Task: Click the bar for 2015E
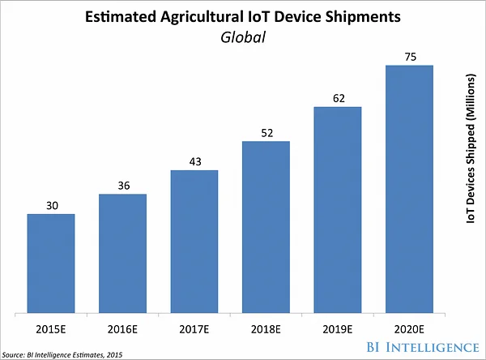coord(50,263)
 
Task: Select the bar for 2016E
coord(122,253)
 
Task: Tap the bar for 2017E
coord(194,241)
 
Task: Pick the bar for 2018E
coord(266,226)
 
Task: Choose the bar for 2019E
coord(337,209)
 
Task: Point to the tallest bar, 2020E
coord(409,188)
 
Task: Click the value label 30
coord(50,206)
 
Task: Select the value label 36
coord(122,186)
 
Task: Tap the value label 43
coord(194,162)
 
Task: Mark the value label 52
coord(266,133)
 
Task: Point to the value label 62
coord(337,99)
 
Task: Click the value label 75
coord(409,57)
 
